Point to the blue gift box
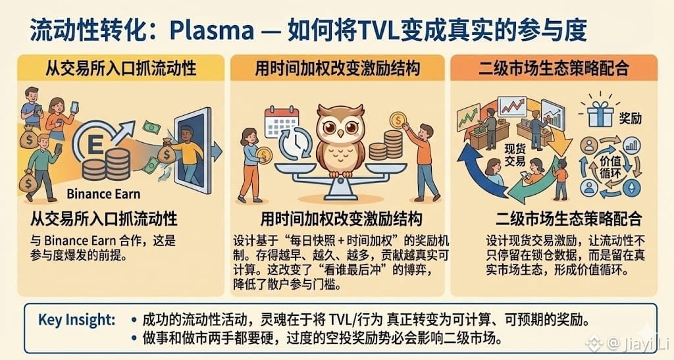click(x=600, y=116)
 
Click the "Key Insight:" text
click(x=77, y=320)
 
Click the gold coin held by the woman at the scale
click(x=265, y=155)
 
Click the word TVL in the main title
click(x=402, y=30)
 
